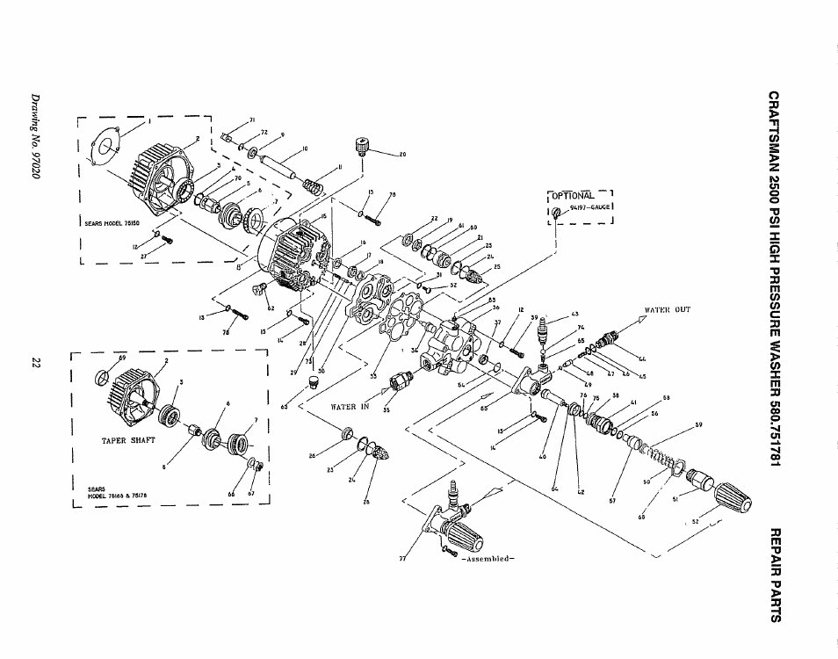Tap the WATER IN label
(348, 407)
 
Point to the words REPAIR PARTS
(774, 574)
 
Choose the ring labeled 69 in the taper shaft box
(104, 378)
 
